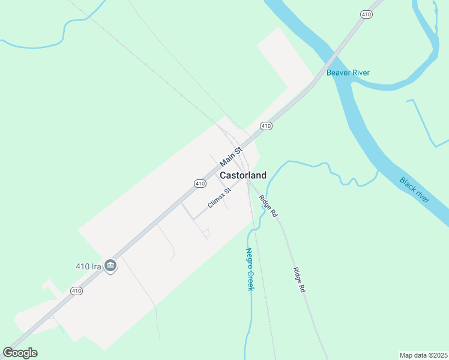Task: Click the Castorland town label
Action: [243, 175]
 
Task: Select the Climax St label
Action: [219, 198]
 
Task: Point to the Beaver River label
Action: [348, 73]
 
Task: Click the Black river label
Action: [415, 190]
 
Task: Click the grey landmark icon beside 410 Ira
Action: [110, 265]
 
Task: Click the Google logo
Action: [20, 353]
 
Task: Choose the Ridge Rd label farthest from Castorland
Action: [298, 280]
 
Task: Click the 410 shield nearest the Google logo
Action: [76, 291]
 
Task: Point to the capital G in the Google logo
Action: [8, 352]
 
